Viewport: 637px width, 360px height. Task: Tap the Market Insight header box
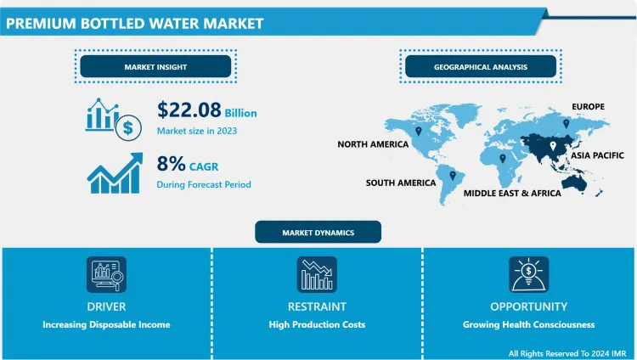click(x=155, y=66)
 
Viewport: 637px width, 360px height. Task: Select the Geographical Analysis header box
click(x=480, y=66)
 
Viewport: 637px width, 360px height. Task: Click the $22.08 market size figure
click(x=189, y=110)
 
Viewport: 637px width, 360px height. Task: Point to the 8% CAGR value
click(x=189, y=163)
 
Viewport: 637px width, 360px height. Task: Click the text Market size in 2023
click(x=197, y=131)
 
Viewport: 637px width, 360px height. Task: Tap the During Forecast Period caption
click(x=204, y=184)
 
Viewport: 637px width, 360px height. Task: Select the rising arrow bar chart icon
click(x=112, y=173)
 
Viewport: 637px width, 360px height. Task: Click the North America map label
click(x=373, y=144)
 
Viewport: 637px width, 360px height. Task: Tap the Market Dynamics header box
click(x=318, y=232)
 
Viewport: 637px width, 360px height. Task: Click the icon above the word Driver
click(x=106, y=274)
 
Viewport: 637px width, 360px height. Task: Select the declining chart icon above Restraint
click(x=318, y=274)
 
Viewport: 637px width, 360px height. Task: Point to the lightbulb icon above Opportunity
click(x=528, y=274)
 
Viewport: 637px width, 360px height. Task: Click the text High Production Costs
click(x=318, y=324)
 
